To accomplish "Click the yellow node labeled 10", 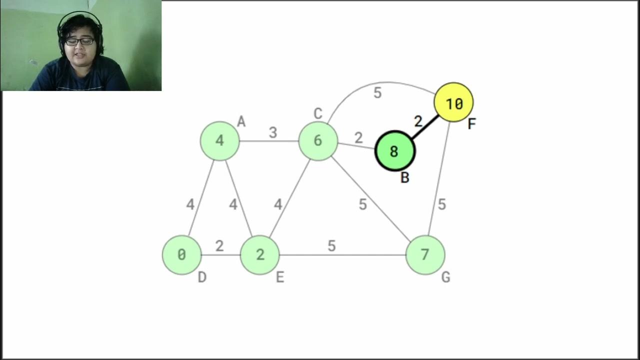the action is pyautogui.click(x=453, y=102).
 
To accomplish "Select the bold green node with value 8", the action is pyautogui.click(x=394, y=151).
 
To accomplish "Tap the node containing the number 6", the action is pyautogui.click(x=318, y=141).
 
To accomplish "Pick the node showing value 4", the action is pyautogui.click(x=219, y=141).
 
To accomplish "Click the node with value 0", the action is pyautogui.click(x=181, y=255).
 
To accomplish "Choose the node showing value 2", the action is pyautogui.click(x=259, y=255).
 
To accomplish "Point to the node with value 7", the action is pyautogui.click(x=425, y=255).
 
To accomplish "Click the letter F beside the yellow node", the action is pyautogui.click(x=471, y=124).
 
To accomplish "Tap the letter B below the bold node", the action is pyautogui.click(x=405, y=177).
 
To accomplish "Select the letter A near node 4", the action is pyautogui.click(x=241, y=121).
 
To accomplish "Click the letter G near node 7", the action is pyautogui.click(x=445, y=277).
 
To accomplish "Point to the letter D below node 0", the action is pyautogui.click(x=202, y=277).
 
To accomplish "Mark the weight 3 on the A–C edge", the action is pyautogui.click(x=272, y=132).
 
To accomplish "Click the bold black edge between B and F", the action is pyautogui.click(x=425, y=127).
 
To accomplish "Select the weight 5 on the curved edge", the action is pyautogui.click(x=377, y=93).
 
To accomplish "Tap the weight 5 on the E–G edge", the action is pyautogui.click(x=331, y=246).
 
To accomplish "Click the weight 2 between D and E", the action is pyautogui.click(x=219, y=246).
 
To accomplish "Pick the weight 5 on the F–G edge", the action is pyautogui.click(x=441, y=204).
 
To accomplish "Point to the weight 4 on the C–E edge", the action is pyautogui.click(x=278, y=204).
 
